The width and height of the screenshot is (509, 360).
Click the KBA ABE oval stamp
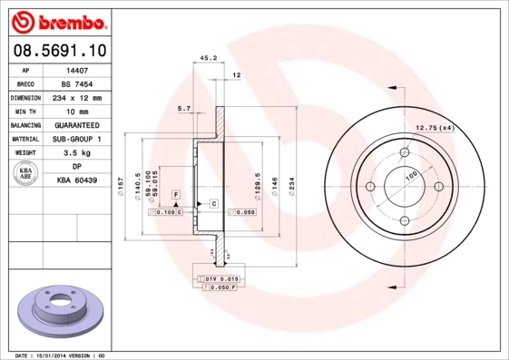coord(26,174)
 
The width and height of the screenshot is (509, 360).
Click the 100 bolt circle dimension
coord(410,174)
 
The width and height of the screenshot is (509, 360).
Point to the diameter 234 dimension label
coord(291,186)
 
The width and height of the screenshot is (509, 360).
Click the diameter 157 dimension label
coord(122,187)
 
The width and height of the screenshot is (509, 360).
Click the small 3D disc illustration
coord(59,313)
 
